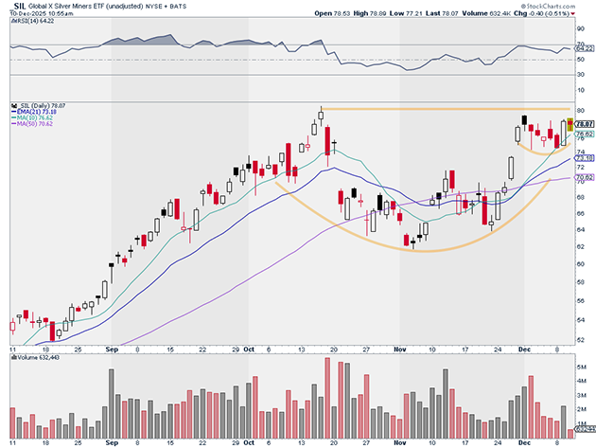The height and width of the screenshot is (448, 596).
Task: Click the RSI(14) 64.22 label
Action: click(x=35, y=23)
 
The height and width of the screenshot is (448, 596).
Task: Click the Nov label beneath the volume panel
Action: click(x=398, y=440)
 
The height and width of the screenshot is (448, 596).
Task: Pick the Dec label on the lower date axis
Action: click(x=522, y=440)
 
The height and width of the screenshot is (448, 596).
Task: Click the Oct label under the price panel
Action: click(x=249, y=349)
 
